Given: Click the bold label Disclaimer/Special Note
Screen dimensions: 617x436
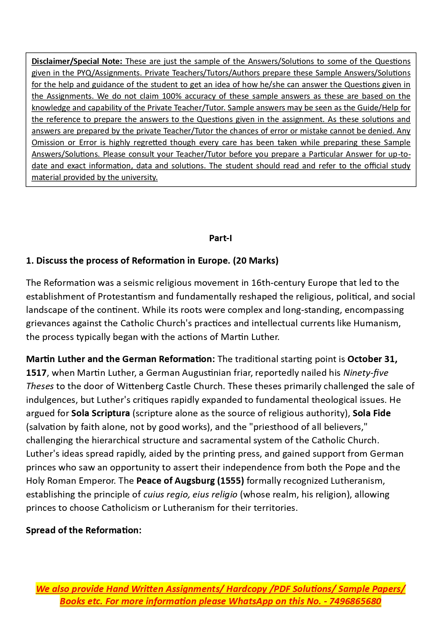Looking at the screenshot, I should point(77,62).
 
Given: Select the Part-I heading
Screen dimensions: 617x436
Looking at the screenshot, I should point(220,238).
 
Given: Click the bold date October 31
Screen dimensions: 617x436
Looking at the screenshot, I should point(372,359).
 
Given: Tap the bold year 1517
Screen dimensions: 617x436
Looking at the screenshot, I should point(36,373).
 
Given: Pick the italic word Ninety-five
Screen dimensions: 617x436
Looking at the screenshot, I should point(365,373).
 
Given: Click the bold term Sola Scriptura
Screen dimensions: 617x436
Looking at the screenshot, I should point(100,413).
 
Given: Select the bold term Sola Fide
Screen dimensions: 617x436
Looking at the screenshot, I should point(371,413).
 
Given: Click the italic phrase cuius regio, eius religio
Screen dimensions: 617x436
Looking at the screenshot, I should point(190,495).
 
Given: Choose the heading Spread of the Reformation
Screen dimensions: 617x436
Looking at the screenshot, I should point(84,531).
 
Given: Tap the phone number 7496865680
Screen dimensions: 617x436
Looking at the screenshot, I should point(355,602).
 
